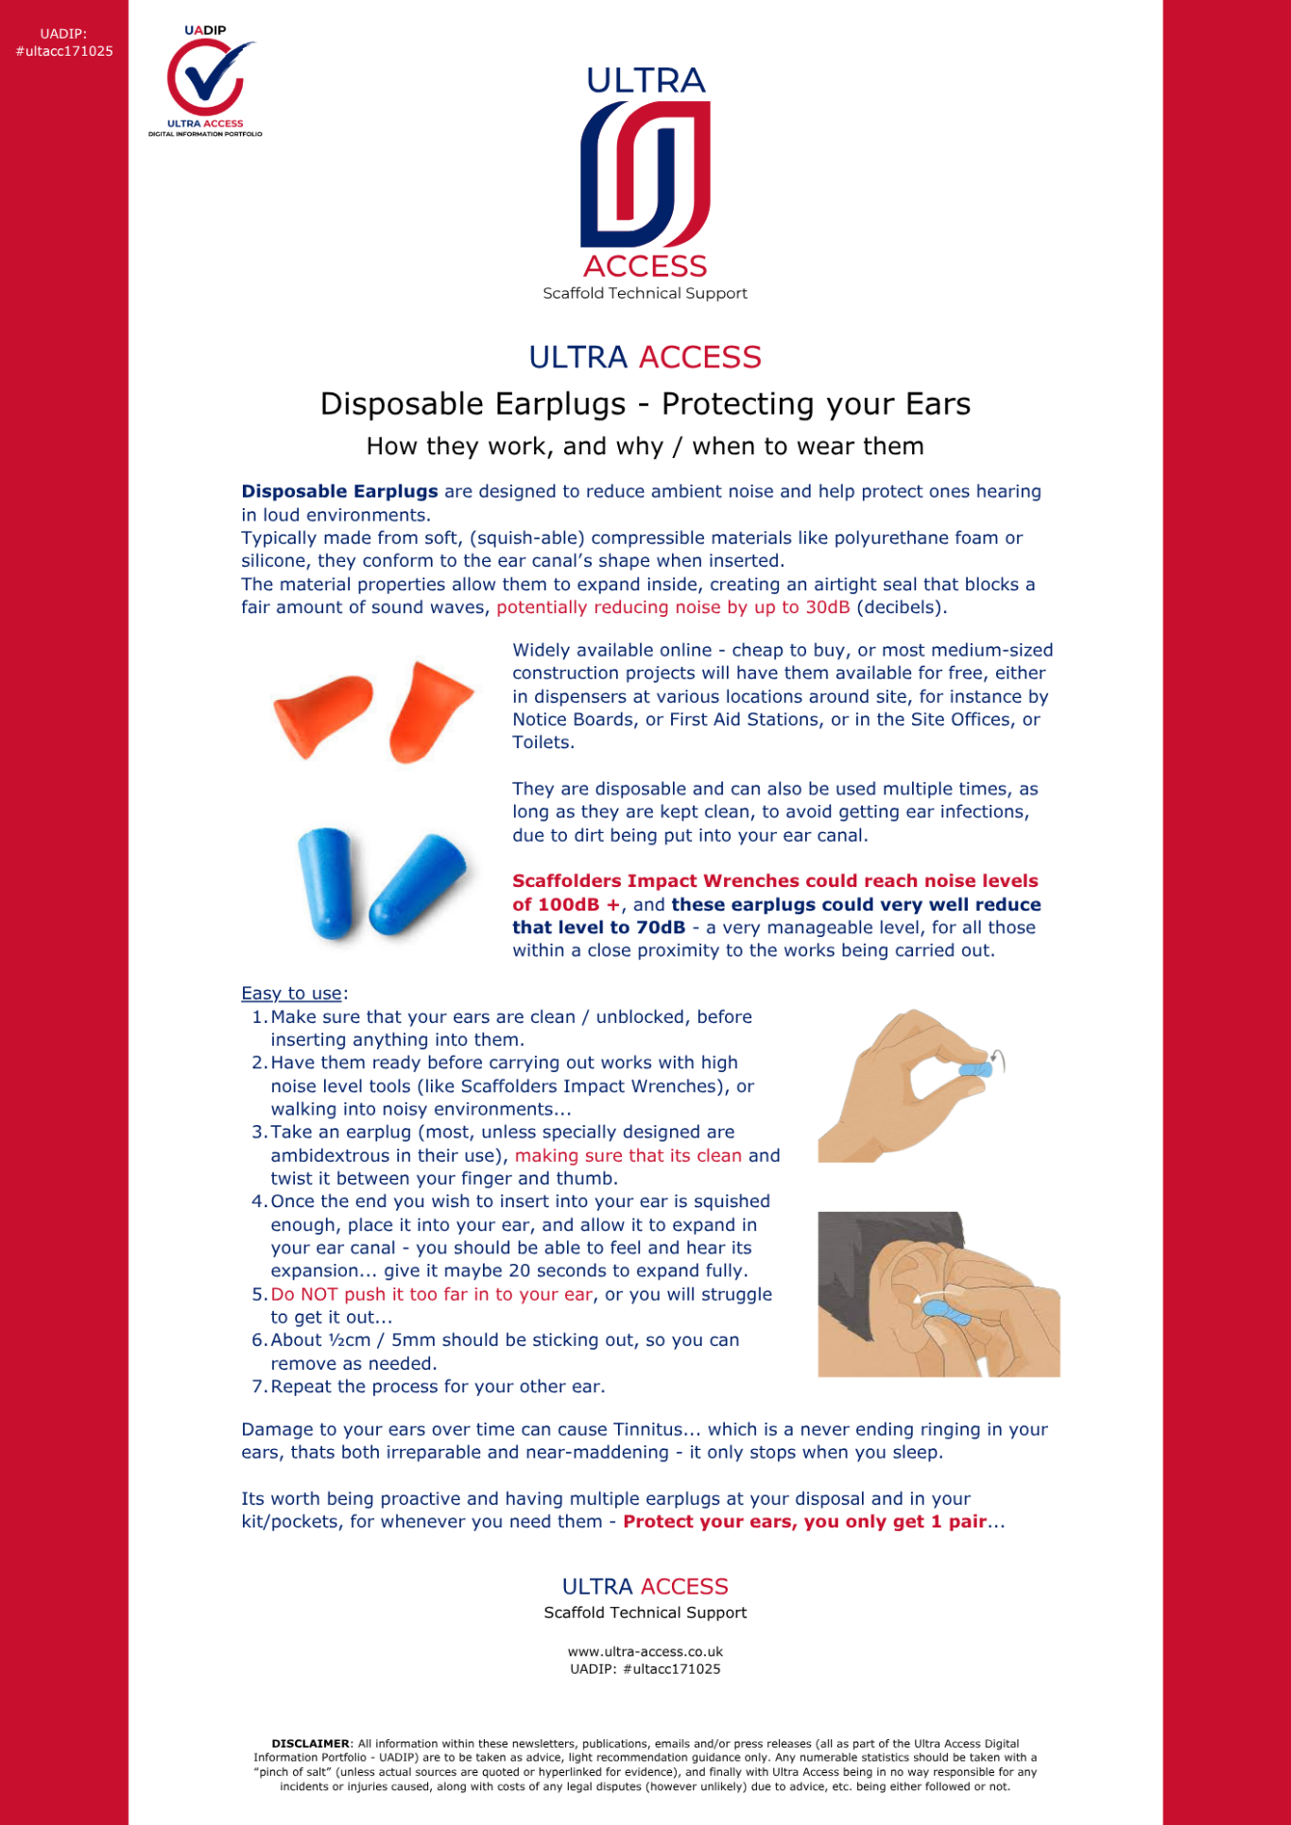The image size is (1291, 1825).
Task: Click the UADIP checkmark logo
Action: (x=205, y=80)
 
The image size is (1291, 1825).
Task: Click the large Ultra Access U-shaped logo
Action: (x=645, y=175)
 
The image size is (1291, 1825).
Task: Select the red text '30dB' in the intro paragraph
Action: (x=827, y=607)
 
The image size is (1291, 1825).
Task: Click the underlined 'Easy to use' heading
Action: (x=291, y=994)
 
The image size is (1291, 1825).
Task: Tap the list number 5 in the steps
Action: (x=258, y=1295)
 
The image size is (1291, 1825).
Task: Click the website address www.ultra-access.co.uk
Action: (x=645, y=1652)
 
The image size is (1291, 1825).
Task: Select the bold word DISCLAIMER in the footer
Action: (x=310, y=1744)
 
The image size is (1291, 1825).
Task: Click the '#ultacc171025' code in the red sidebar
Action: (x=64, y=52)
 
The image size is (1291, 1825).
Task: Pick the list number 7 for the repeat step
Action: (x=258, y=1388)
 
